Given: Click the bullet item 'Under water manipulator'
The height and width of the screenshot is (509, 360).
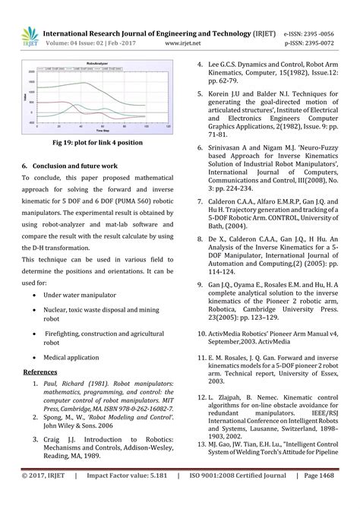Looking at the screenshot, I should [80, 294].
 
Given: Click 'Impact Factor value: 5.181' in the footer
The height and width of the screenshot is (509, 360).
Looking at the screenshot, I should [128, 496].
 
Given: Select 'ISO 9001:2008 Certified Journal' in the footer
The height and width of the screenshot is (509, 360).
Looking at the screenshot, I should [239, 496].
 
